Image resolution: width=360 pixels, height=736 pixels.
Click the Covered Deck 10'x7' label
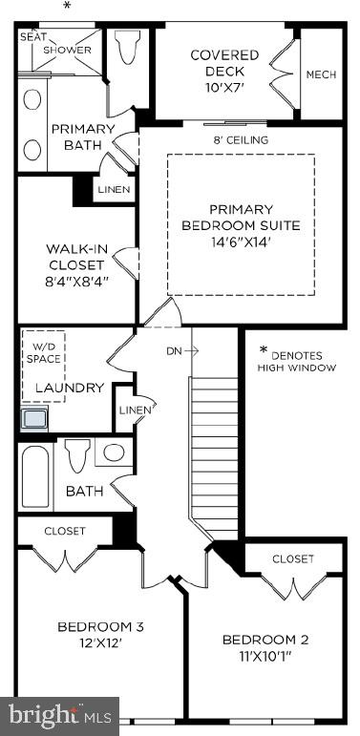[217, 71]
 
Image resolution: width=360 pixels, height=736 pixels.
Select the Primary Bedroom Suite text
[241, 225]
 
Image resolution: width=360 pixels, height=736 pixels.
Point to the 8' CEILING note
[240, 140]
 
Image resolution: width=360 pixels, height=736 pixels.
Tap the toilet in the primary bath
[125, 47]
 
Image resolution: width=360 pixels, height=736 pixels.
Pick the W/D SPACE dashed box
[44, 353]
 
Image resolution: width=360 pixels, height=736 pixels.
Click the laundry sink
[36, 418]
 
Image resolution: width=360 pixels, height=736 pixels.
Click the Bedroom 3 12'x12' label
[100, 634]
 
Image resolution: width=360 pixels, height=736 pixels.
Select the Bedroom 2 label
[265, 646]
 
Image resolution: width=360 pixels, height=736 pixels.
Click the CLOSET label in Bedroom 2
[292, 558]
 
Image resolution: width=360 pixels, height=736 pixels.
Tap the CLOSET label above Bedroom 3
[65, 531]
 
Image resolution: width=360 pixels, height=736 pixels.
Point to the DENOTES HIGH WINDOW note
[296, 359]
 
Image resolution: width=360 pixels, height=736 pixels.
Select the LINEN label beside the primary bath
[114, 189]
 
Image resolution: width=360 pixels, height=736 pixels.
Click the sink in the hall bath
[115, 453]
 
